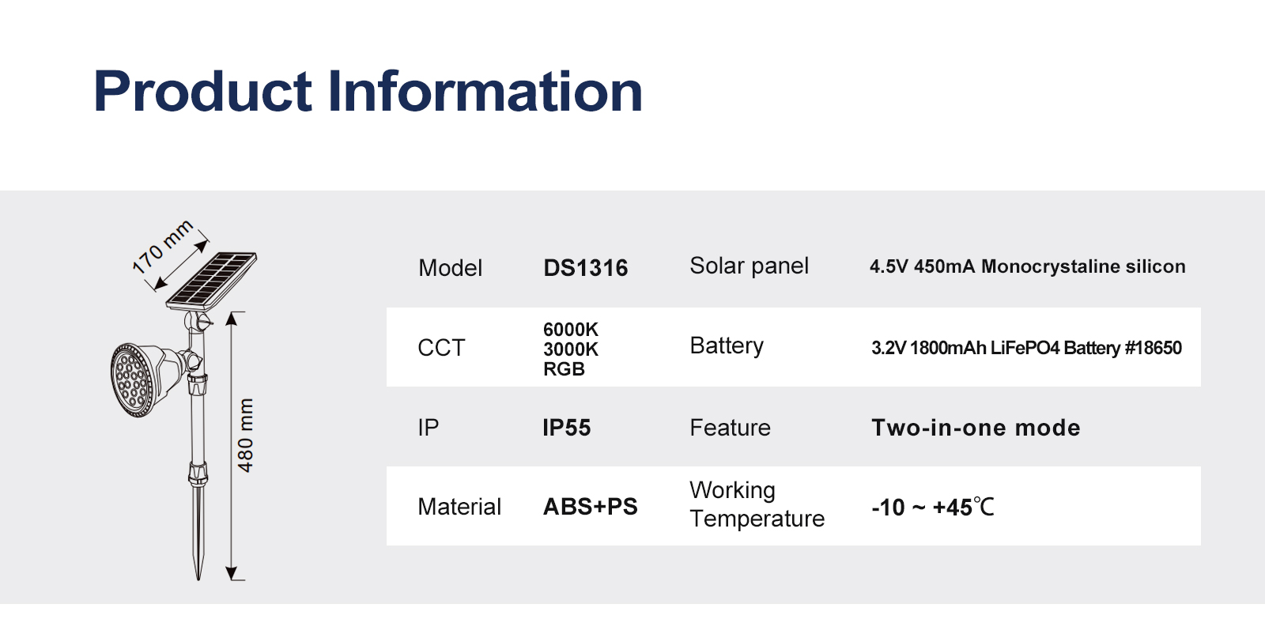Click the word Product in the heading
pos(202,92)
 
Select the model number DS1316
pos(585,268)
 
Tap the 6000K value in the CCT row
pos(570,329)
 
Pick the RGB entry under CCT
pos(564,369)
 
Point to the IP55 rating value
pos(566,428)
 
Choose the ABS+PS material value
pos(590,507)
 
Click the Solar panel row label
pos(749,266)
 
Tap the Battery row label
pos(727,345)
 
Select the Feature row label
pos(730,428)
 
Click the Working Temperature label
pos(757,504)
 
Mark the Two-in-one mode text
pos(976,428)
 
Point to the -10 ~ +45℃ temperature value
pos(932,507)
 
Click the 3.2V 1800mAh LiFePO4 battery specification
pos(1026,348)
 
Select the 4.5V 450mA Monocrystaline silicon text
pos(1027,266)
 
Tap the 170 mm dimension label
pos(163,246)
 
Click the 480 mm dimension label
pos(246,435)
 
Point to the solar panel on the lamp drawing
pos(211,281)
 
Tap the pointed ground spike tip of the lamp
pos(198,579)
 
